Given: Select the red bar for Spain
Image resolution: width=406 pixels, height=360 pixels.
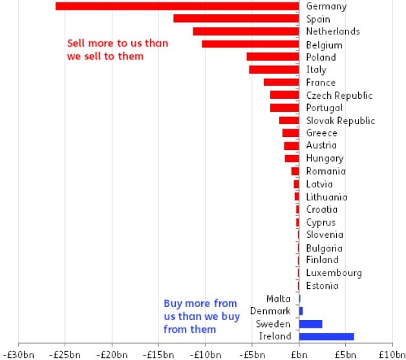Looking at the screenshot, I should [x=236, y=19].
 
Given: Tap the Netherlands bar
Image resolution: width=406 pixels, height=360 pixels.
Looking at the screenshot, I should [x=246, y=31].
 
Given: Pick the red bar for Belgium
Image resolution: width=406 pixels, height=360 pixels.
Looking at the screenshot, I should [x=250, y=44].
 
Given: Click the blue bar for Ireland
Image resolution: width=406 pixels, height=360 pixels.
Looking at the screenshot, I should [x=326, y=336].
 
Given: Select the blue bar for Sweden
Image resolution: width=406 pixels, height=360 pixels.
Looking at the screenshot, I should [x=310, y=324].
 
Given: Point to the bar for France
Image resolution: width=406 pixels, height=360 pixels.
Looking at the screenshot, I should [x=281, y=82].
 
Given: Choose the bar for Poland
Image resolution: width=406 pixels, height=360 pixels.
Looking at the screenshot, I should [x=273, y=57].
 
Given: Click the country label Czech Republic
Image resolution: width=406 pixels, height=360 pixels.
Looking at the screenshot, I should [x=339, y=96].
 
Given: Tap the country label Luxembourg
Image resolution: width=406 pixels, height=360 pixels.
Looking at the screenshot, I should [x=334, y=273].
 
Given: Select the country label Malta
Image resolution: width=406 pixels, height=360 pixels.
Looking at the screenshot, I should [x=278, y=299].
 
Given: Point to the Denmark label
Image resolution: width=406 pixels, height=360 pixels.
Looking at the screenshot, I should [x=270, y=312].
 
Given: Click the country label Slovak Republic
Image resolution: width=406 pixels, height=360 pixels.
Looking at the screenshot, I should [x=340, y=121].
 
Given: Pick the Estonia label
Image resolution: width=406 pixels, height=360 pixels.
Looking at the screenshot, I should [x=322, y=286].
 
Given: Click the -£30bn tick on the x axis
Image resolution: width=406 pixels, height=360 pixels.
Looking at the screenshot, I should [x=19, y=354].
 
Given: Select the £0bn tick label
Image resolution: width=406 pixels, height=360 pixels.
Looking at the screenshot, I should [x=299, y=354].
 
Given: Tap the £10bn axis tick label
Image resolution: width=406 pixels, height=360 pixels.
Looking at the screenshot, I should [x=391, y=354].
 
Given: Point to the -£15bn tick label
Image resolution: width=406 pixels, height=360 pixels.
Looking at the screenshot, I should [x=159, y=354].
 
